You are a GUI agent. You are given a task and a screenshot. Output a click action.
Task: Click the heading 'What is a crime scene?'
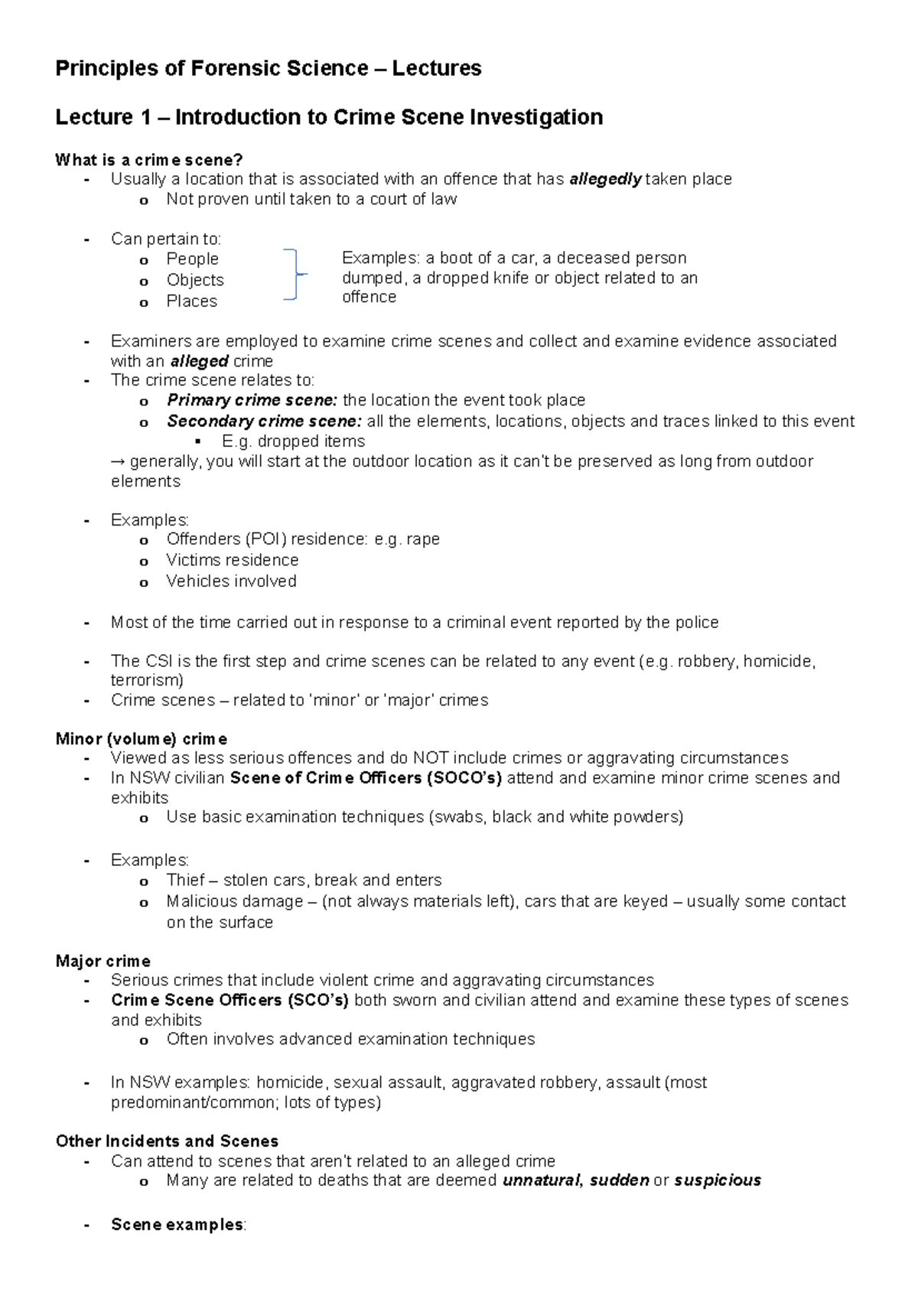pyautogui.click(x=149, y=160)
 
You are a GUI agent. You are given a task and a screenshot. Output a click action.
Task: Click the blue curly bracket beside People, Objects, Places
pyautogui.click(x=294, y=274)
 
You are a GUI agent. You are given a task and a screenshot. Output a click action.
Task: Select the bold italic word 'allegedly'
pyautogui.click(x=605, y=179)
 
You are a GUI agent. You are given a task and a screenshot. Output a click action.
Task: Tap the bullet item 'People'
pyautogui.click(x=192, y=259)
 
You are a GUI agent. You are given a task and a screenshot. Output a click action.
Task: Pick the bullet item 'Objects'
pyautogui.click(x=195, y=280)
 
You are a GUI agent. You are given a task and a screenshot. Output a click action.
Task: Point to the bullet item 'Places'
pyautogui.click(x=191, y=301)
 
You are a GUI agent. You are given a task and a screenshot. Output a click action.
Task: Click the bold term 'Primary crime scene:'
pyautogui.click(x=252, y=400)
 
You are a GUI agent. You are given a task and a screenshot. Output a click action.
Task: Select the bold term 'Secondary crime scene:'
pyautogui.click(x=264, y=421)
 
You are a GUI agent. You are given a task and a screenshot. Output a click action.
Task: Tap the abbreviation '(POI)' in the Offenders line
pyautogui.click(x=265, y=539)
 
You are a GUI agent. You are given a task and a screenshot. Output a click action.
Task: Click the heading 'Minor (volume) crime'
pyautogui.click(x=142, y=739)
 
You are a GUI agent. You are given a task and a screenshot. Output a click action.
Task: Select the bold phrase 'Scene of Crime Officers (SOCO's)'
pyautogui.click(x=366, y=778)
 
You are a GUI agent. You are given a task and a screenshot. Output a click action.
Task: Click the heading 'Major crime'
pyautogui.click(x=103, y=961)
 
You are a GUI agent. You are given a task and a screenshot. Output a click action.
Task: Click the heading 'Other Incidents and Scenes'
pyautogui.click(x=167, y=1141)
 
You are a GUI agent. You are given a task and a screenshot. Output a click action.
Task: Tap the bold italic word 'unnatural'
pyautogui.click(x=542, y=1180)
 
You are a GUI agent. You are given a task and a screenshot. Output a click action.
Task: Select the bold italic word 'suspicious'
pyautogui.click(x=718, y=1180)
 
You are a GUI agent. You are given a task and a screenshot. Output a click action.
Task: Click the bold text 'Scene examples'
pyautogui.click(x=177, y=1225)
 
